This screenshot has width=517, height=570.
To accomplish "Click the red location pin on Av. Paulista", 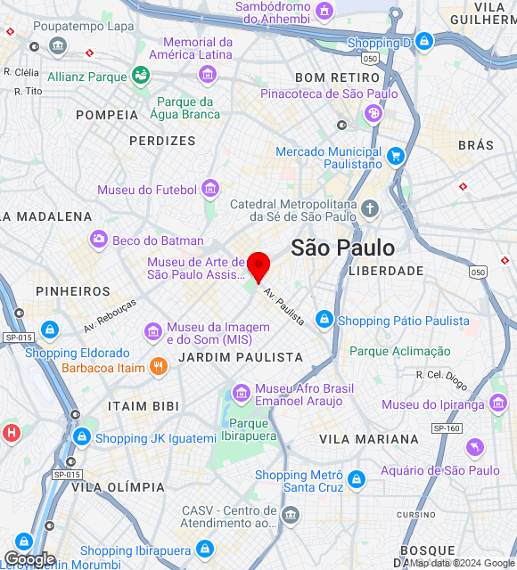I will (258, 265).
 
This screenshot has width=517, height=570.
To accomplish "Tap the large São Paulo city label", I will (343, 248).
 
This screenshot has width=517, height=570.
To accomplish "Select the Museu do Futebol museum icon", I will (209, 188).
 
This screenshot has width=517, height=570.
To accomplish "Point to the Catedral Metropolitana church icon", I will (370, 210).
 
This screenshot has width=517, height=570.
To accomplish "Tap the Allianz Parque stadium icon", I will (141, 77).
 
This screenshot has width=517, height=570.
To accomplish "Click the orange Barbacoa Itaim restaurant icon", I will (158, 366).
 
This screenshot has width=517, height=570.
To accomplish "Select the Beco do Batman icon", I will (99, 240).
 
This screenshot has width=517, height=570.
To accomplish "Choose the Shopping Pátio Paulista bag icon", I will (324, 320).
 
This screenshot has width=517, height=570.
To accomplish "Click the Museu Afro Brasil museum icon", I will (241, 393).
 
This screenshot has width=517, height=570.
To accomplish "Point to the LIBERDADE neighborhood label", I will (386, 270).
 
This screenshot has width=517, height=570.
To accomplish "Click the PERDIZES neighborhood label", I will (162, 141).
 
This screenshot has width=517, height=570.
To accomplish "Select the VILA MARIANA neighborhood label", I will (369, 439).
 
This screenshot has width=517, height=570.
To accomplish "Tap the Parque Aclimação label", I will (400, 351).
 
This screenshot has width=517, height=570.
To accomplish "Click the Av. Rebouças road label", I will (111, 315).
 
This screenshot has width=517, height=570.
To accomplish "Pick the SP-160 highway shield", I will (447, 428).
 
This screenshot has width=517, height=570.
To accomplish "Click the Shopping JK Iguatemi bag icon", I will (82, 437).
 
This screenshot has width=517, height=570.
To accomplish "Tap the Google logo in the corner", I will (29, 559).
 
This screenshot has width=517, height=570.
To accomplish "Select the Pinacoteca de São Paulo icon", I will (373, 113).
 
